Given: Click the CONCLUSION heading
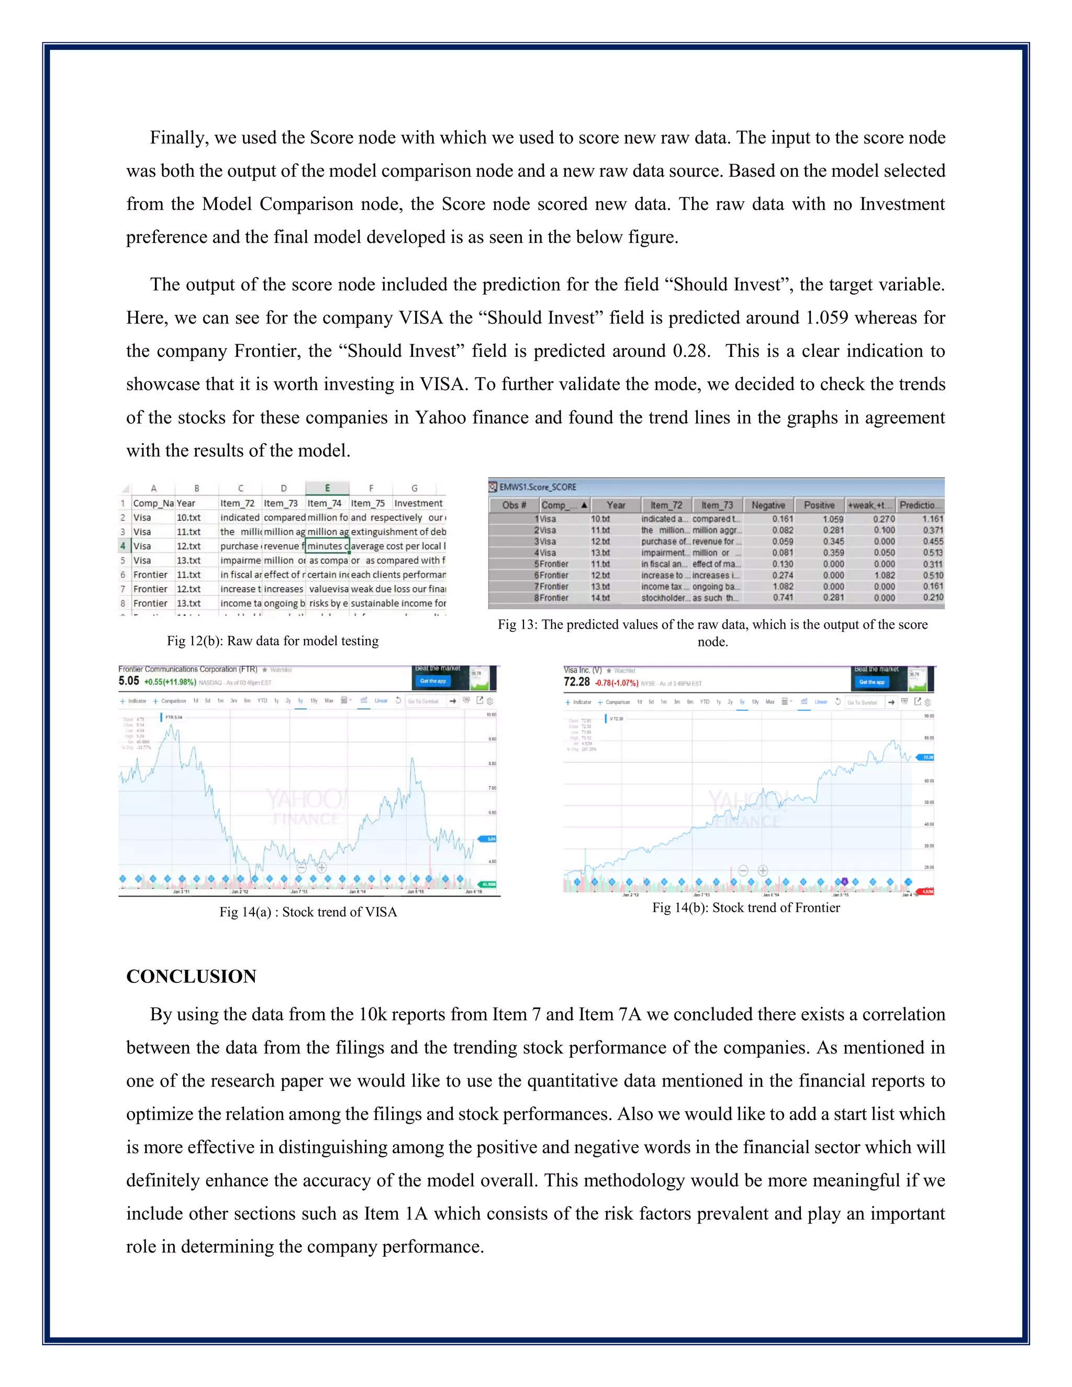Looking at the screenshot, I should (191, 976).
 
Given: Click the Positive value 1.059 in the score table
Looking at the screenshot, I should (833, 519).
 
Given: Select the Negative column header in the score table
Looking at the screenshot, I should (768, 505).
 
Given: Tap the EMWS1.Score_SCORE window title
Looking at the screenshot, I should (537, 487).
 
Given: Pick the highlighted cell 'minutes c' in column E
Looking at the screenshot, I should (327, 546).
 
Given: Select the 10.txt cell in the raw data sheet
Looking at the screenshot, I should (188, 518).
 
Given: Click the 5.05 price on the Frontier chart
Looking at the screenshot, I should (128, 681).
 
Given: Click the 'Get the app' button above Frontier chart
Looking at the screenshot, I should (432, 681).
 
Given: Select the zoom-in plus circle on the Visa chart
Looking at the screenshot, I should (763, 870).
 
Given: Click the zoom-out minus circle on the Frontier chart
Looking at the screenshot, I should (301, 867).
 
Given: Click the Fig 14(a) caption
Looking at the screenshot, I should (308, 912).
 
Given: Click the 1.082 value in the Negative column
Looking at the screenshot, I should (783, 587).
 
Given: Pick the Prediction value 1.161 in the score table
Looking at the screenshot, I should (932, 519).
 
